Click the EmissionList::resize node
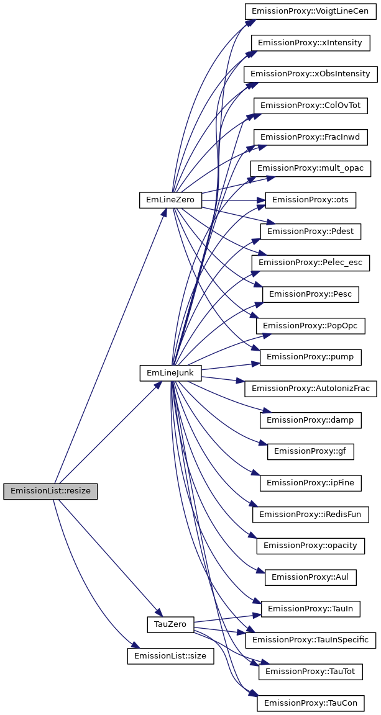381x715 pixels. [50, 491]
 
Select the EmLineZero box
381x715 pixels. [170, 200]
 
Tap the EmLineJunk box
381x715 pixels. [170, 373]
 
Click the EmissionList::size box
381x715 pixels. [170, 655]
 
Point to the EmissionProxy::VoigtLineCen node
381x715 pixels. [310, 11]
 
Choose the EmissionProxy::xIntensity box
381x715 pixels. [310, 42]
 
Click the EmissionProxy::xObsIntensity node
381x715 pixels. [310, 74]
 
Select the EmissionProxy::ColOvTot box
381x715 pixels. [310, 106]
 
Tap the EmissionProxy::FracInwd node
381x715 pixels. [310, 137]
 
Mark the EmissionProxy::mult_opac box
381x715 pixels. [310, 168]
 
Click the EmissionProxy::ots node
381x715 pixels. [310, 200]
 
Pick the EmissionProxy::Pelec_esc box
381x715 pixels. [310, 263]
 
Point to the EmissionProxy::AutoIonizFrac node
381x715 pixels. [310, 389]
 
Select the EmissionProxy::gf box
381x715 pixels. [310, 451]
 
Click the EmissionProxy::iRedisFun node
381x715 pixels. [310, 514]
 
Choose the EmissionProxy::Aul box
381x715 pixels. [310, 577]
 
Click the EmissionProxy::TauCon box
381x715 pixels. [310, 703]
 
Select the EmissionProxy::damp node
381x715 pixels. [310, 420]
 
